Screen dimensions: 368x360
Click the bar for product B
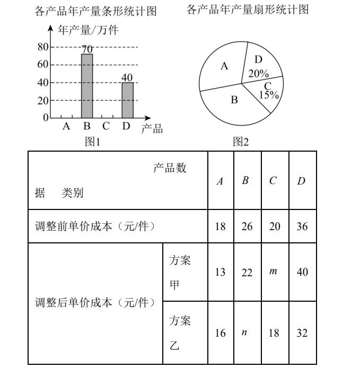[87, 85]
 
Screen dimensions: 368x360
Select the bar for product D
[127, 100]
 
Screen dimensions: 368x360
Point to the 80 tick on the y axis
[42, 47]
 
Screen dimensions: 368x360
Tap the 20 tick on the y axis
[42, 100]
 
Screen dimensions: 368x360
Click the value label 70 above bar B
[87, 49]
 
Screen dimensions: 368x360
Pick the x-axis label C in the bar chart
[106, 126]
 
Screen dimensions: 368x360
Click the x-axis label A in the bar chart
[66, 126]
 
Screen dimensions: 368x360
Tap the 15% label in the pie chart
[269, 95]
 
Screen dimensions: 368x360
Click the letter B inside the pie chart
[234, 99]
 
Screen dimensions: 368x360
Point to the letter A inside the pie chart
[224, 66]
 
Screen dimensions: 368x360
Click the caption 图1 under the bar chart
[93, 142]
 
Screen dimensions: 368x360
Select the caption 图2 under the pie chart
[241, 142]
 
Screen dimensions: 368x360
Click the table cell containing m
[274, 271]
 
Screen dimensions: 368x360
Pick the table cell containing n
[244, 332]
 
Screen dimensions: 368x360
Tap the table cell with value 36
[302, 226]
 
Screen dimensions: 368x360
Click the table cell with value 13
[220, 272]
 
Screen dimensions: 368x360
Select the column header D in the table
[301, 181]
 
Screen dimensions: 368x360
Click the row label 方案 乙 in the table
[180, 333]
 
